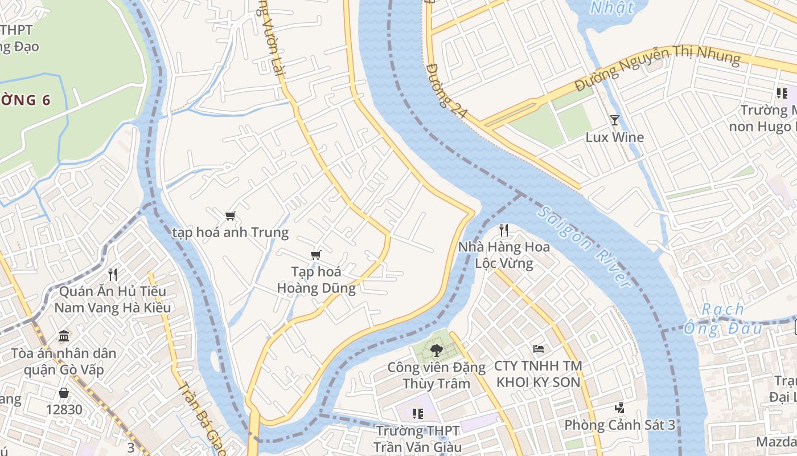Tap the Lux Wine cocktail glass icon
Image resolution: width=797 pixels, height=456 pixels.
point(615,120)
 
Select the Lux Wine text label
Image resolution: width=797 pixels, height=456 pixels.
point(615,137)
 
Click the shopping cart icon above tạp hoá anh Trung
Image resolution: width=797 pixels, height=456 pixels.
point(230,215)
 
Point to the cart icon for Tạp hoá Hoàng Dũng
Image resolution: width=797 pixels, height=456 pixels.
point(316,255)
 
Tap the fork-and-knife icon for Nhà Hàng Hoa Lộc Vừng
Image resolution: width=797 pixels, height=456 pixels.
point(504,230)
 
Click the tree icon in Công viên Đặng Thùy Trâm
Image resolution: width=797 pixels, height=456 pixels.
point(437,350)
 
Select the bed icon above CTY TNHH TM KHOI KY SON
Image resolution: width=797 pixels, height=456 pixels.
point(538,348)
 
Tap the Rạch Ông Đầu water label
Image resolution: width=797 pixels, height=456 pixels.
point(722,319)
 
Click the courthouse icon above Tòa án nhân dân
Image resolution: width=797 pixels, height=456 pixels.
point(64,336)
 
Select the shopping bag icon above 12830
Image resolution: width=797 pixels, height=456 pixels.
point(64,393)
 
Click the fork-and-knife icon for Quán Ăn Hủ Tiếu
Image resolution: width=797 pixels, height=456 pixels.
point(113,275)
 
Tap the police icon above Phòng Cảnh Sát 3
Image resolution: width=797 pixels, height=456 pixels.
point(620,408)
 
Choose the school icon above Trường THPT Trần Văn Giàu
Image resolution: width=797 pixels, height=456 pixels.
point(418,414)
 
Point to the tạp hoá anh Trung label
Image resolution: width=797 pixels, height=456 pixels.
point(231,233)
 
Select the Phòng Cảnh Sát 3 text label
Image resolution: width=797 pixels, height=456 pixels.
point(620,425)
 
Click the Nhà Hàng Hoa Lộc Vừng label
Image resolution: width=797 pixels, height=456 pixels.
point(504,255)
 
